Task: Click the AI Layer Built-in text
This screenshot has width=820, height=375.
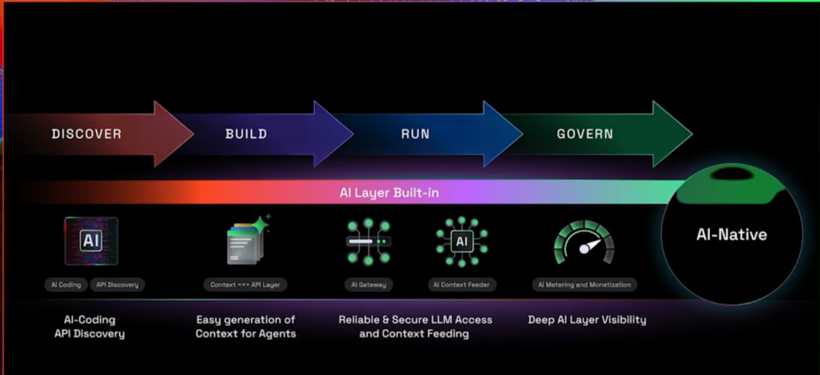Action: tap(389, 193)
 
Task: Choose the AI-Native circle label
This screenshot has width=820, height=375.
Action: tap(732, 235)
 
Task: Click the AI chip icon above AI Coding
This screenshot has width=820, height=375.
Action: tap(91, 241)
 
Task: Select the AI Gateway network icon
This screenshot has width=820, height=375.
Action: tap(368, 241)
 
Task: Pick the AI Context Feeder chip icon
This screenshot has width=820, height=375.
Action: tap(462, 241)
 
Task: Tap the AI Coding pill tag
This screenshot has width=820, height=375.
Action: tap(66, 285)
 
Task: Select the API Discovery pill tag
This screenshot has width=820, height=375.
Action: tap(117, 285)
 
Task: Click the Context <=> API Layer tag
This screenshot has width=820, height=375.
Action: tap(245, 285)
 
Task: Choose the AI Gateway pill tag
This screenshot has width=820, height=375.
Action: tap(368, 285)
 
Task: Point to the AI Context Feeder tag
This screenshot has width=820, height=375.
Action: tap(462, 285)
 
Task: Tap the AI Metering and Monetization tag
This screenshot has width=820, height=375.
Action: tap(585, 285)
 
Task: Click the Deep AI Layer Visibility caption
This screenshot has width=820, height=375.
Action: tap(587, 320)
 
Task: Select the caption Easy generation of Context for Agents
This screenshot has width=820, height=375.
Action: tap(245, 327)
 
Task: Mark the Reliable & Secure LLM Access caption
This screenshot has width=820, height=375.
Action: tap(415, 327)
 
